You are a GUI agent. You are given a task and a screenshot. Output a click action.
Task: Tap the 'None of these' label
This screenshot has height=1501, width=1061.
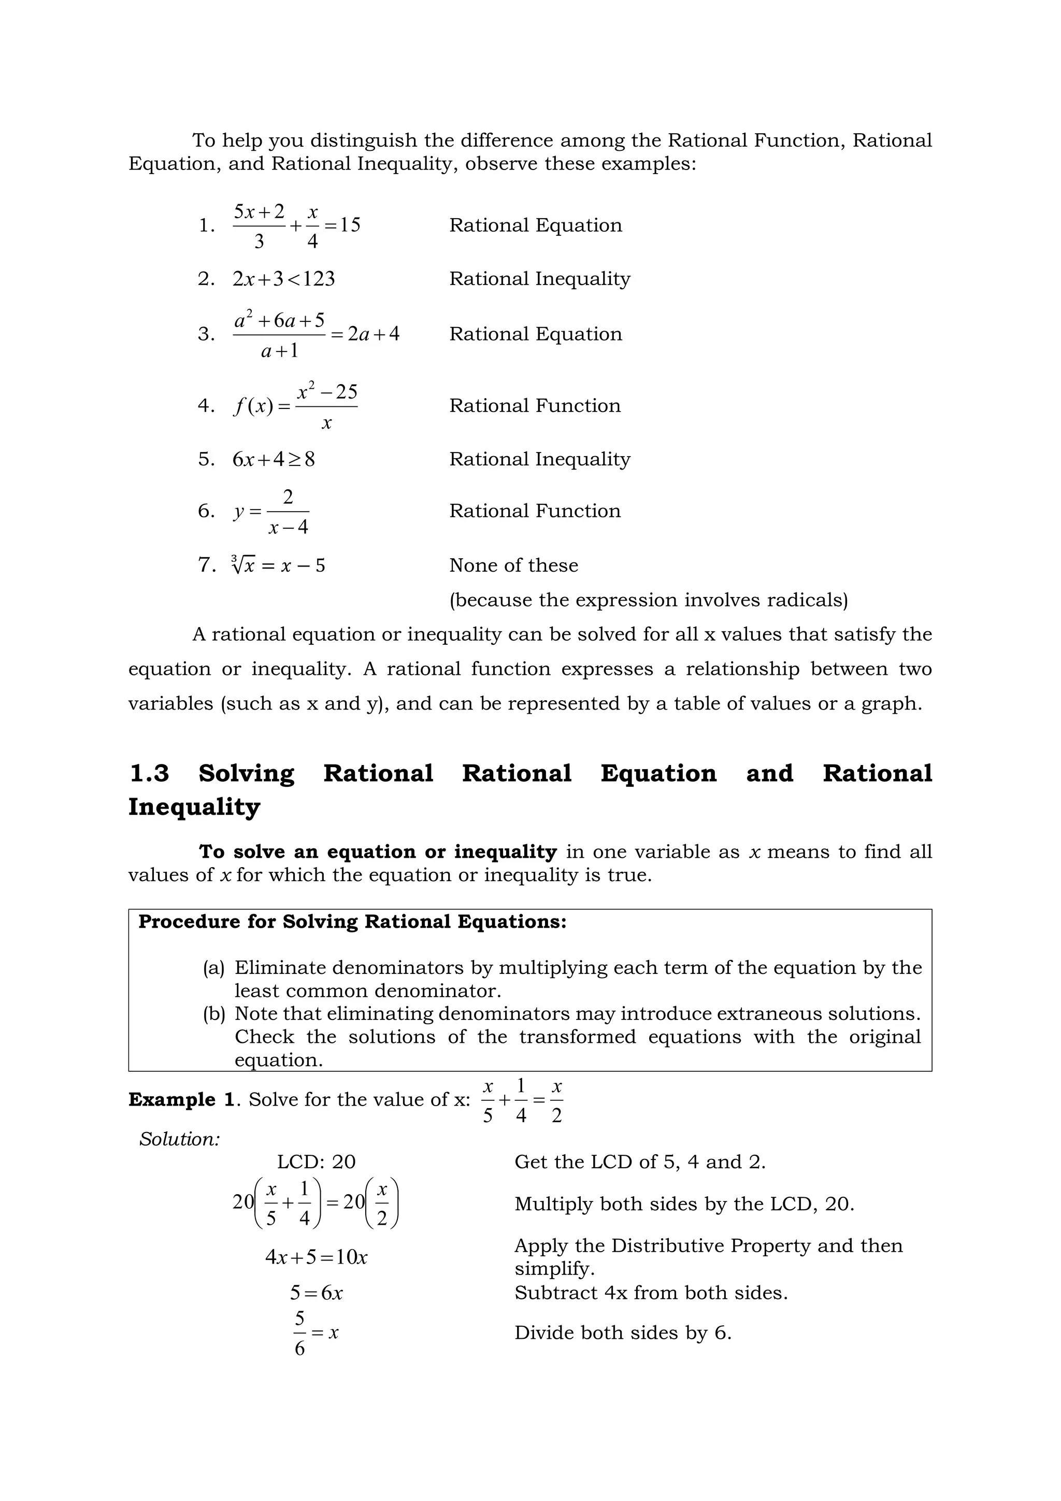pyautogui.click(x=513, y=565)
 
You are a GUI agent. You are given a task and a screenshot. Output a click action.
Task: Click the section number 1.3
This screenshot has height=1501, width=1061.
pyautogui.click(x=150, y=773)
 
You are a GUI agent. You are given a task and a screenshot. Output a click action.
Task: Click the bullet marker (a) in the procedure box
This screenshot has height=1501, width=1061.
pyautogui.click(x=213, y=968)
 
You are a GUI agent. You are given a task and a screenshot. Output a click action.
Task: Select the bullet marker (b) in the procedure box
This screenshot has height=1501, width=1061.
pyautogui.click(x=213, y=1014)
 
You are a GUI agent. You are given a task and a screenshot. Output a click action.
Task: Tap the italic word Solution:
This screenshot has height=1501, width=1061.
pyautogui.click(x=180, y=1139)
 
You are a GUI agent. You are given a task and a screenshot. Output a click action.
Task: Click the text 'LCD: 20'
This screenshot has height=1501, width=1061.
pyautogui.click(x=316, y=1162)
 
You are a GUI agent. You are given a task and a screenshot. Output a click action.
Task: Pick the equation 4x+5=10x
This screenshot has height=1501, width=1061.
pyautogui.click(x=316, y=1257)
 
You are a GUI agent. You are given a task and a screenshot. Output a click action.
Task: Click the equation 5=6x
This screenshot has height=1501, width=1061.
pyautogui.click(x=316, y=1293)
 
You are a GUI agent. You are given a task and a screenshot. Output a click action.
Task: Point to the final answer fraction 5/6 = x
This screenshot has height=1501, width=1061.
pyautogui.click(x=316, y=1333)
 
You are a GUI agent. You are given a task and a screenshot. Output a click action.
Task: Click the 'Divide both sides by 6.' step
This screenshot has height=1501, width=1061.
pyautogui.click(x=623, y=1333)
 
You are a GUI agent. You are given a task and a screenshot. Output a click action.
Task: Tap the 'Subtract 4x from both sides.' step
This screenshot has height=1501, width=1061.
pyautogui.click(x=651, y=1293)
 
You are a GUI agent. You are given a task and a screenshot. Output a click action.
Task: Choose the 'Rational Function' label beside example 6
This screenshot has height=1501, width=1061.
pyautogui.click(x=535, y=511)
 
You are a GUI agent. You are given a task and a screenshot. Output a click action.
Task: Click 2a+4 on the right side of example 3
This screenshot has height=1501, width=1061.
pyautogui.click(x=373, y=335)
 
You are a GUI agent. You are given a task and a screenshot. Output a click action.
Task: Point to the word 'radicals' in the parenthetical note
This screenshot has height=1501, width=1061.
pyautogui.click(x=804, y=600)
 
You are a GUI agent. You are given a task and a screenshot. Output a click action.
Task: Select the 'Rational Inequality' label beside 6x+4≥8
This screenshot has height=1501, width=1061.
pyautogui.click(x=540, y=460)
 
